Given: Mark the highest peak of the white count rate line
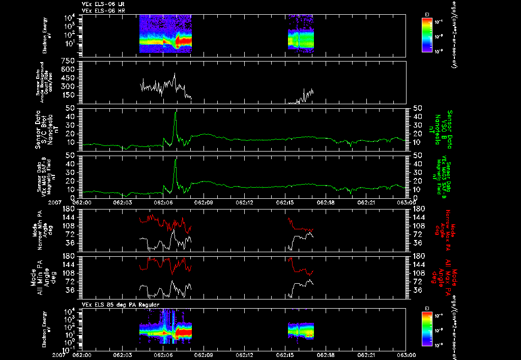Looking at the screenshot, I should tap(175, 74).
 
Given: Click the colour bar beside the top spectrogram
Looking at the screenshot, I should tap(427, 34).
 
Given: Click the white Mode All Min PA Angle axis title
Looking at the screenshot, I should tap(41, 277).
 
